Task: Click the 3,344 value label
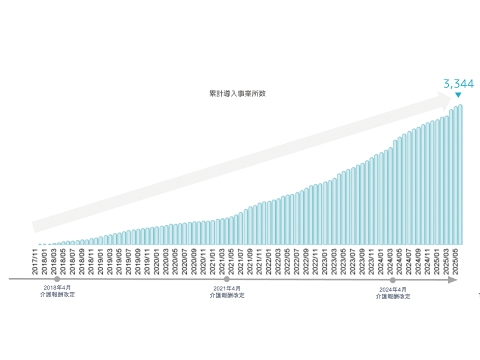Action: click(x=458, y=84)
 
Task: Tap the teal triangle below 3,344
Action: click(x=458, y=95)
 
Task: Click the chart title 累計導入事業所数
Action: click(x=237, y=93)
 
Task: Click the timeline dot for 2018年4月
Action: click(x=57, y=279)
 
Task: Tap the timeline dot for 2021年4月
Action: click(x=226, y=279)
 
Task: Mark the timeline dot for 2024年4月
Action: click(x=393, y=280)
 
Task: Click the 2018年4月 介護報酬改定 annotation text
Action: click(x=57, y=291)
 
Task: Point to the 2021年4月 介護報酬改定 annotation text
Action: click(x=227, y=292)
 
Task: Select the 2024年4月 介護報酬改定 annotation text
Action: click(x=393, y=293)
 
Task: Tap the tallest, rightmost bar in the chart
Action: click(x=460, y=174)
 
